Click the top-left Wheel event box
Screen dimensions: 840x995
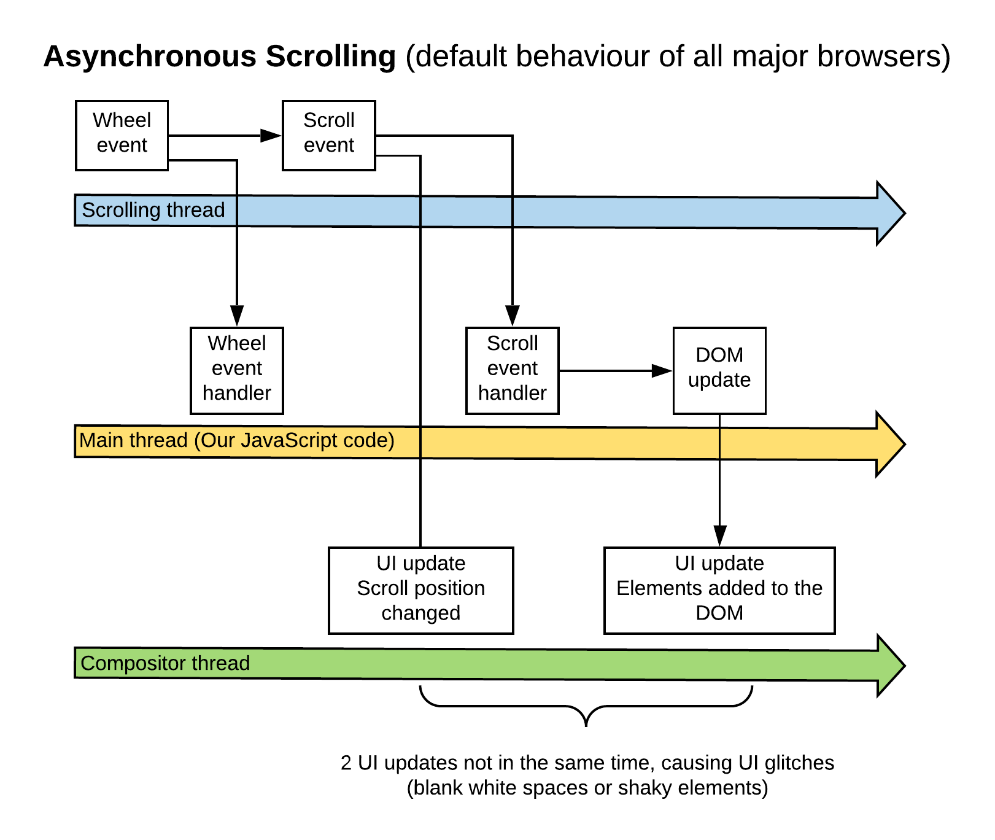tap(122, 135)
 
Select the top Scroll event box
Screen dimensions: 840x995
tap(328, 135)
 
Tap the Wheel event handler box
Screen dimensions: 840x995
tap(236, 370)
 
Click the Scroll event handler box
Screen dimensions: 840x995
tap(512, 370)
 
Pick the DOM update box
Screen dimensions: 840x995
tap(719, 370)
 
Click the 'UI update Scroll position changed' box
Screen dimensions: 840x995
tap(420, 590)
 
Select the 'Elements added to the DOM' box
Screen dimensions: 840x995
tap(719, 590)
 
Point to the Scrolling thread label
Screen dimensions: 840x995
tap(153, 210)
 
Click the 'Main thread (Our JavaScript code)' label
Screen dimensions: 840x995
tap(236, 440)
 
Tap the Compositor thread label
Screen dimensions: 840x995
tap(165, 663)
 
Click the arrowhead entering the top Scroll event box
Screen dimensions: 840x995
tap(271, 136)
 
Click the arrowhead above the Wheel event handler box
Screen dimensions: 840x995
tap(237, 316)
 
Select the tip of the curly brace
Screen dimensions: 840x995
tap(586, 725)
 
